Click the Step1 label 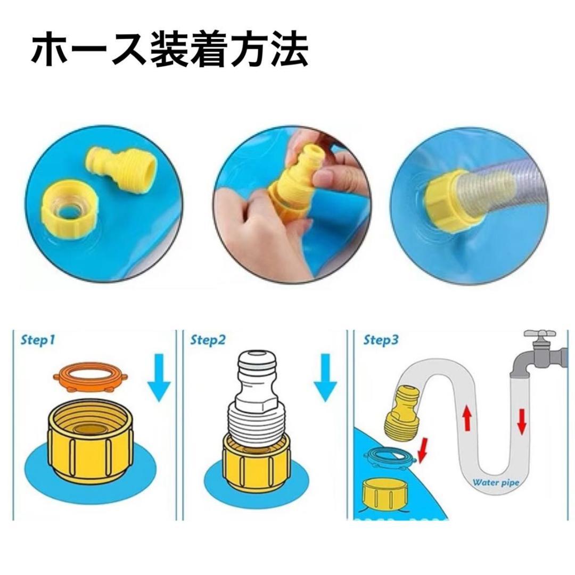coord(38,340)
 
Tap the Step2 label coord(208,340)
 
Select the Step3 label coord(381,340)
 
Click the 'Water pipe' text coord(496,482)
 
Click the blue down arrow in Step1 coord(159,377)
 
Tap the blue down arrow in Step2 coord(325,377)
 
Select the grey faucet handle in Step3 coord(539,334)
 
